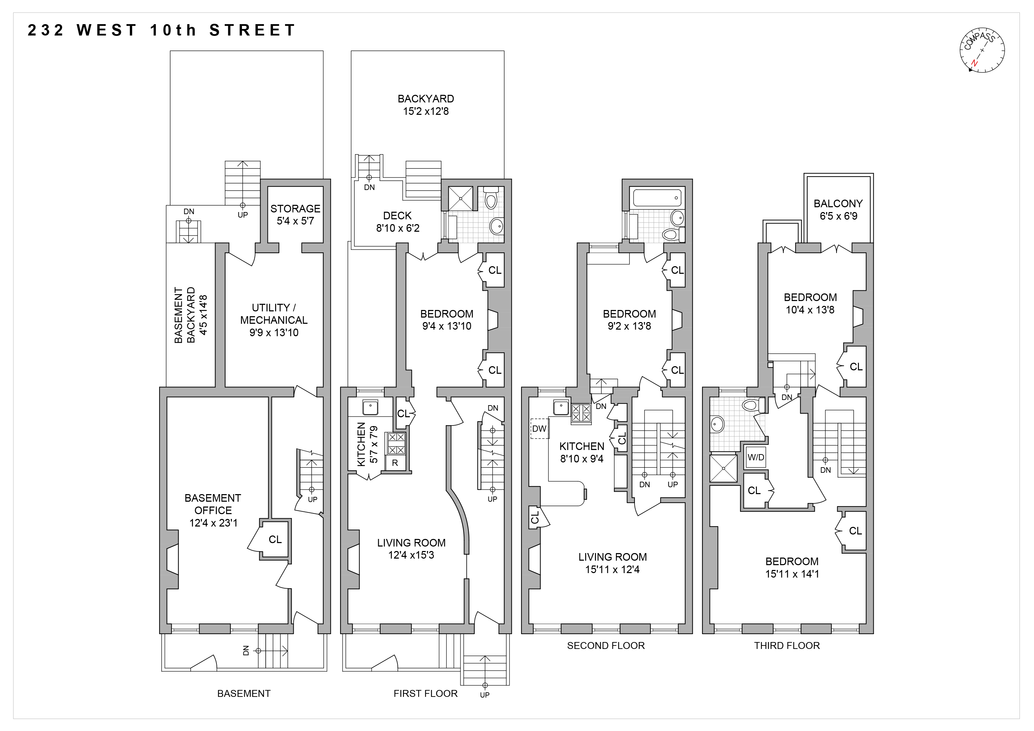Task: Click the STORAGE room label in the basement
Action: click(x=295, y=214)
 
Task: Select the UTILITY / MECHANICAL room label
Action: click(x=273, y=320)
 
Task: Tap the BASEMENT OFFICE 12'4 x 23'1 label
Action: click(x=213, y=510)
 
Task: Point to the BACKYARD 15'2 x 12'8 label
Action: click(x=426, y=105)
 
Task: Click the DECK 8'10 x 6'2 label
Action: click(x=398, y=222)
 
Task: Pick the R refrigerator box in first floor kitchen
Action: click(x=395, y=463)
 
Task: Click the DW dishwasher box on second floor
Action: click(x=539, y=429)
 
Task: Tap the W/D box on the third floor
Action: click(x=756, y=458)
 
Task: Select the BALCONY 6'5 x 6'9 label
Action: click(x=838, y=209)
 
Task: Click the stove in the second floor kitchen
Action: click(x=581, y=413)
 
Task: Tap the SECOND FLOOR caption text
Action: click(x=606, y=645)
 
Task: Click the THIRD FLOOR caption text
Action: click(x=787, y=645)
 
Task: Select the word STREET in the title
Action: click(x=252, y=30)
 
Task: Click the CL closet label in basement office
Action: click(x=275, y=540)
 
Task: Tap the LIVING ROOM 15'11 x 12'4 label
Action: click(x=612, y=563)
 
